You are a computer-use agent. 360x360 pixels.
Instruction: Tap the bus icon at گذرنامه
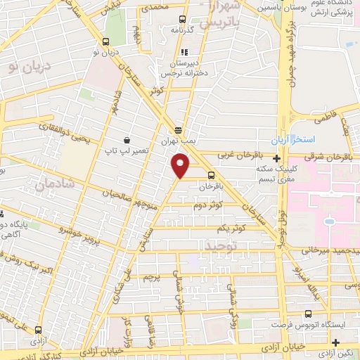tap(183, 20)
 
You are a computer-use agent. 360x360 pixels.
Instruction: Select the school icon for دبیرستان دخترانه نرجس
tap(184, 52)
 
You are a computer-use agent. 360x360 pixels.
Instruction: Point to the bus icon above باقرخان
tap(211, 176)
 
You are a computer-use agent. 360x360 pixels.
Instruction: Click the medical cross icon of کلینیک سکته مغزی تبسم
tap(277, 159)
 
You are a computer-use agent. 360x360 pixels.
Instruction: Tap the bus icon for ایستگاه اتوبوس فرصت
tap(307, 314)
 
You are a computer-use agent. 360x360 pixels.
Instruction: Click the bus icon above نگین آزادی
tap(337, 342)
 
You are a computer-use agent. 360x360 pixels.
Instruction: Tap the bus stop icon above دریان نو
tap(105, 41)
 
